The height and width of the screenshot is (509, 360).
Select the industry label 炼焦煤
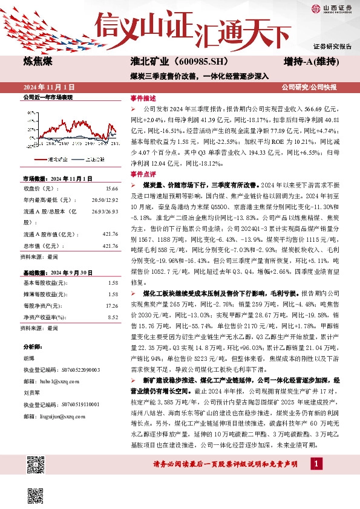click(x=38, y=62)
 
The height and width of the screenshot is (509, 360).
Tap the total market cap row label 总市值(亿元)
click(x=41, y=229)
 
